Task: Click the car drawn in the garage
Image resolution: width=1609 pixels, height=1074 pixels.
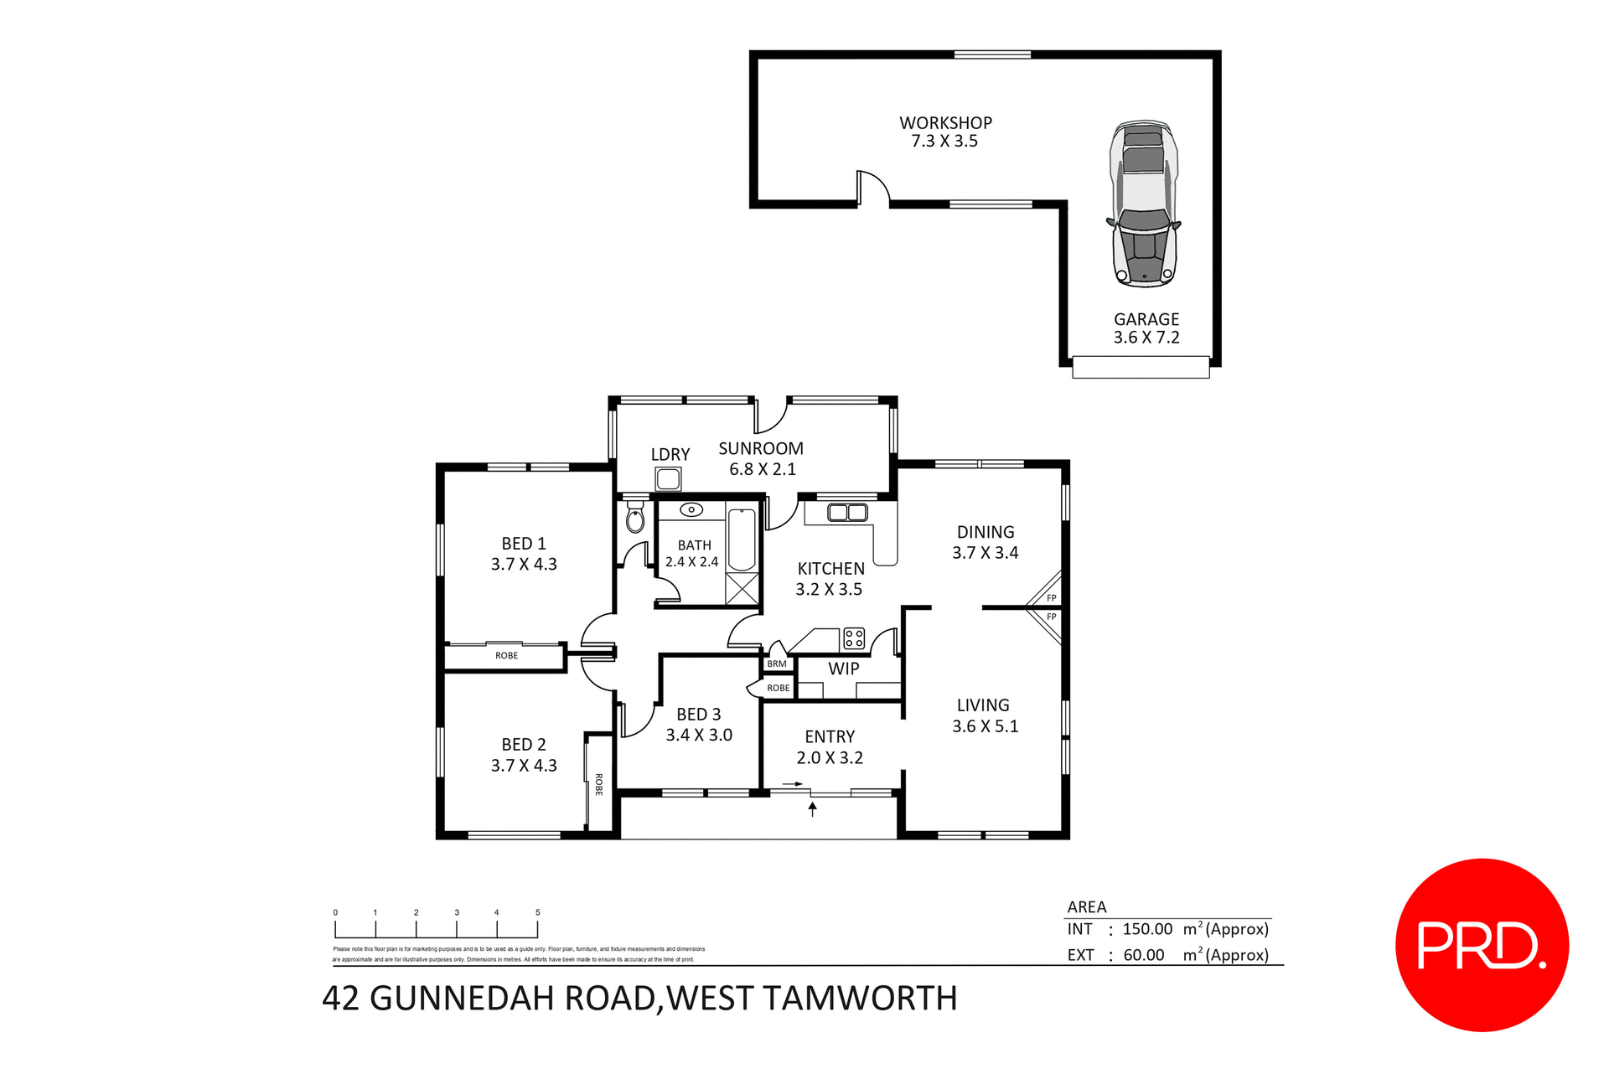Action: coord(1144,204)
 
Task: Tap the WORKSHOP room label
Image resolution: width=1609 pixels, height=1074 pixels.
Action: coord(945,123)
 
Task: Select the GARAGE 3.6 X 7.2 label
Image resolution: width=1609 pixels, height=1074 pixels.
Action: coord(1146,328)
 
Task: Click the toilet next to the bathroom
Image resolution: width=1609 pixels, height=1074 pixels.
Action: coord(635,519)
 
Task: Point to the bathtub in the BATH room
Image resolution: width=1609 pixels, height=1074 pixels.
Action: coord(742,540)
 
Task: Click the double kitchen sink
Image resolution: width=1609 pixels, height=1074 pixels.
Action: coord(846,513)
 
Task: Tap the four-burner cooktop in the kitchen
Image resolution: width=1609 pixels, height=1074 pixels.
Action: coord(854,638)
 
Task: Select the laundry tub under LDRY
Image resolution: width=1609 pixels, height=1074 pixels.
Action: coord(668,479)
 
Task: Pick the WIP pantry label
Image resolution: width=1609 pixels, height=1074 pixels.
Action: coord(843,669)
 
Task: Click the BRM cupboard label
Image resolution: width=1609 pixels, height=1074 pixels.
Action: coord(777,664)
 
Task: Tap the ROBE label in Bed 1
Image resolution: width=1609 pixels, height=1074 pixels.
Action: coord(506,656)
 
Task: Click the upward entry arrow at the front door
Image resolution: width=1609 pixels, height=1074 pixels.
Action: coord(812,808)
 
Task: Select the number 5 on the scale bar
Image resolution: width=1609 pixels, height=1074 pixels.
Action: coord(537,912)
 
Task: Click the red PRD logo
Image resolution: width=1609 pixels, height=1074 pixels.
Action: coord(1481,945)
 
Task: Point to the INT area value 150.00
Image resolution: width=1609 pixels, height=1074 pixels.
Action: coord(1147,929)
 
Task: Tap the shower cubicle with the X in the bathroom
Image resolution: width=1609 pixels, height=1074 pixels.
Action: coord(742,588)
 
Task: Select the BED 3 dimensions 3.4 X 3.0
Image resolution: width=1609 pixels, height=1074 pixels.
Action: coord(699,735)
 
